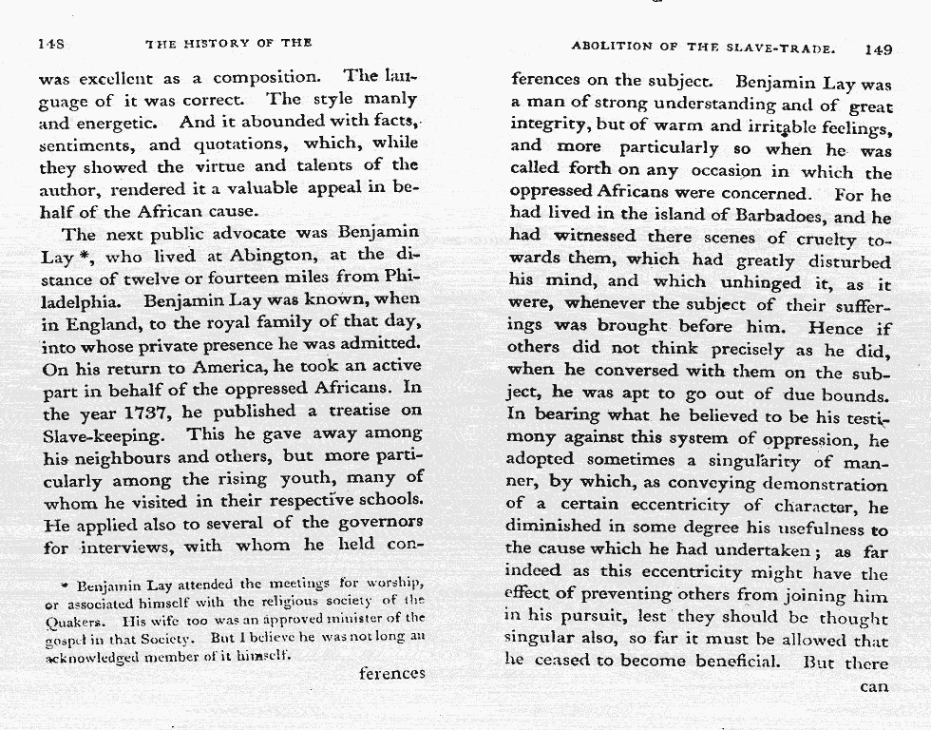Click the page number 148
(49, 45)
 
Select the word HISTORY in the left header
(215, 44)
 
